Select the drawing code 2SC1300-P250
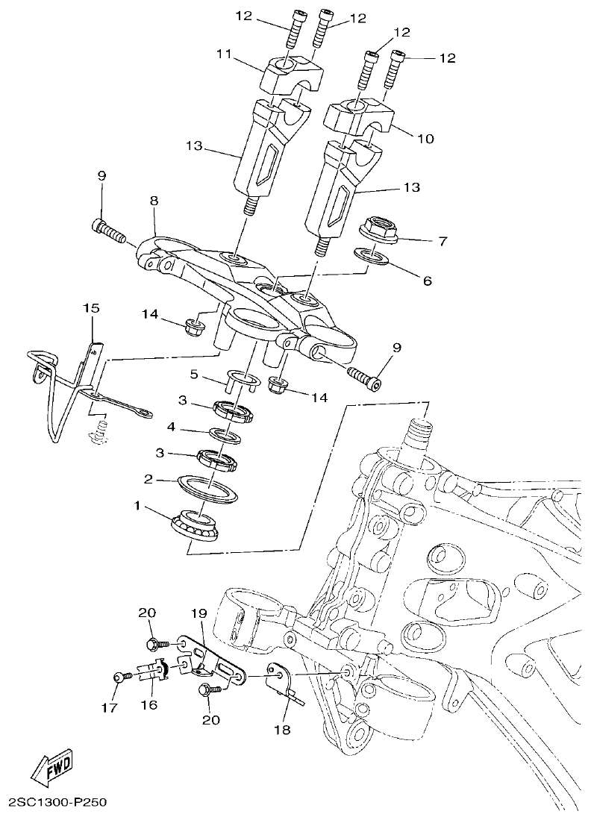point(57,804)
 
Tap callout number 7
point(442,241)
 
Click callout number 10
point(427,139)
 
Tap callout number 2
point(148,480)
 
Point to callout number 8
point(154,201)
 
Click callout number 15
point(90,307)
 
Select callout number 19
point(197,614)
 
